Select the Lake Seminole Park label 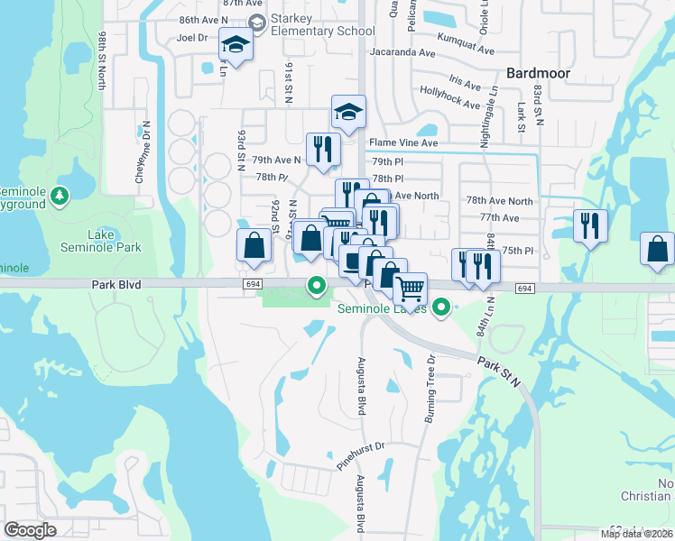[101, 240]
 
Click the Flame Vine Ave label [404, 142]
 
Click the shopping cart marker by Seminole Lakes [411, 289]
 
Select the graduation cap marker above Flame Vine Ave [348, 112]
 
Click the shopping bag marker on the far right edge [658, 249]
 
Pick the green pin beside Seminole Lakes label [441, 308]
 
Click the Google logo [30, 531]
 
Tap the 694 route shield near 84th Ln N [524, 288]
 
